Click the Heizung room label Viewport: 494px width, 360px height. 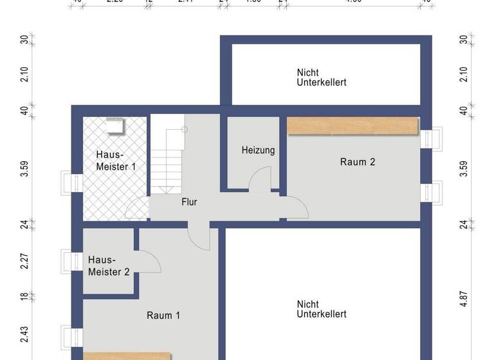[258, 150]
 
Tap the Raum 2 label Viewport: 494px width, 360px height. [357, 162]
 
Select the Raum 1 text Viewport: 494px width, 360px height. [163, 315]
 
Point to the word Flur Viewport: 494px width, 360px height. [189, 202]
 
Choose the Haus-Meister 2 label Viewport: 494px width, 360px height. [109, 266]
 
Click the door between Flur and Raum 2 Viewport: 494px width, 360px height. [297, 207]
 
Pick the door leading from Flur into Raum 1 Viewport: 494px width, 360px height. [199, 237]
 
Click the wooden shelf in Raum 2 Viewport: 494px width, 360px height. [352, 126]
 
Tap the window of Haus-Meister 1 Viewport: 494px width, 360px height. [68, 183]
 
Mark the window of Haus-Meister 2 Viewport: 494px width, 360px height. [68, 260]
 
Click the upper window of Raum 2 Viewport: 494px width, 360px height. [432, 138]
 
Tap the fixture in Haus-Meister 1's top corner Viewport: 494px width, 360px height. [116, 127]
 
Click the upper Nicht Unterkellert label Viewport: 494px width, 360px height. [322, 78]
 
